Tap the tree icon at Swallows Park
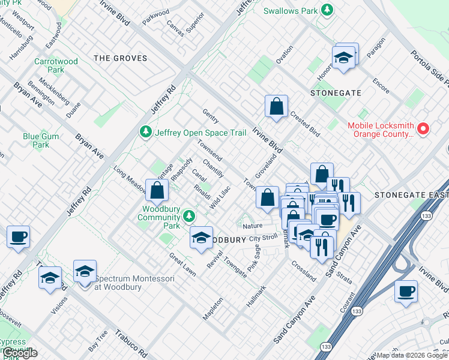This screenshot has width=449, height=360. tap(327, 10)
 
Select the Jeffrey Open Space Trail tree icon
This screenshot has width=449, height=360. tap(145, 131)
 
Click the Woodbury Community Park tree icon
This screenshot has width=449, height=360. tap(190, 215)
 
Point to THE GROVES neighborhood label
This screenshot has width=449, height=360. tap(121, 58)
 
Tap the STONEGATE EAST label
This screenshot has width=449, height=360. tap(411, 196)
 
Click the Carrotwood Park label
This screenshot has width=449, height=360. tap(57, 65)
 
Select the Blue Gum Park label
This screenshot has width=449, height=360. tap(41, 140)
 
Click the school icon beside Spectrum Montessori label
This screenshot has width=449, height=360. tap(85, 272)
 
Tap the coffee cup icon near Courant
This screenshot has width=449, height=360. tap(406, 292)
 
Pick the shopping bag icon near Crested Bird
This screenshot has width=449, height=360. tap(276, 107)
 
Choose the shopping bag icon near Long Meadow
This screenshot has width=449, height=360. tap(157, 190)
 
